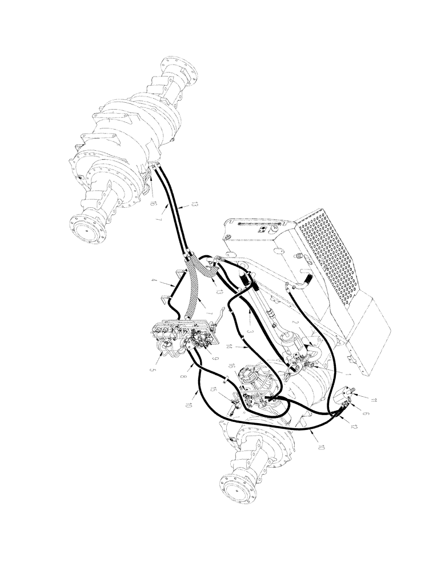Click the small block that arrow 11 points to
344,395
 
